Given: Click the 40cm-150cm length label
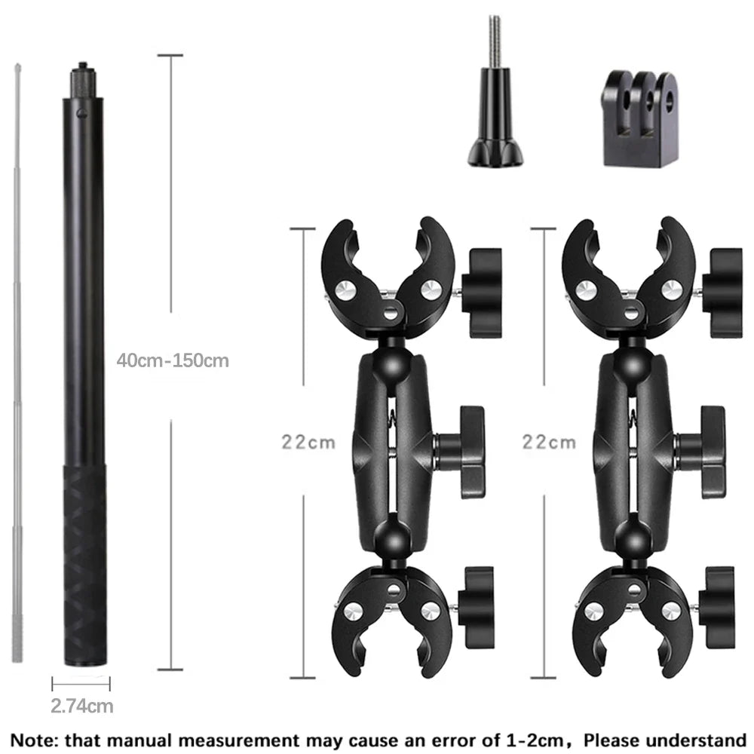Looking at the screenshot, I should coord(173,360).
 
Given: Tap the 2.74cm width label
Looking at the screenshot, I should coord(82,706).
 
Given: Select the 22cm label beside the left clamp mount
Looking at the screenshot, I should coord(308,441).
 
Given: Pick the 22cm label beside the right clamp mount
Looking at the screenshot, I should coord(549,441).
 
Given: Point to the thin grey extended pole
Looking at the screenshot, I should coord(17,362).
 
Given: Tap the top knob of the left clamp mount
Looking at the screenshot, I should coord(483,292).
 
